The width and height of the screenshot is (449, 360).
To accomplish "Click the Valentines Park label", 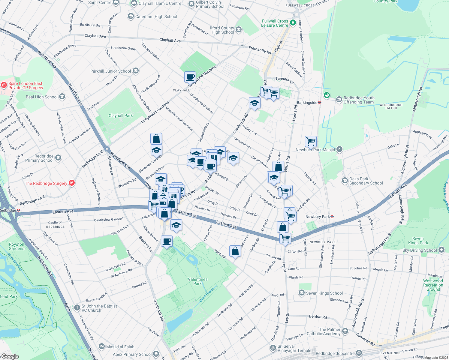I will [x=198, y=281].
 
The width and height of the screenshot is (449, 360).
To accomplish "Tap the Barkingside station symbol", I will [x=320, y=103].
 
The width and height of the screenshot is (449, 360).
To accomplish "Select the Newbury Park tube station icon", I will [x=332, y=217].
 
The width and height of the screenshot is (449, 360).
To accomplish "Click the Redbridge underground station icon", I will [x=18, y=210].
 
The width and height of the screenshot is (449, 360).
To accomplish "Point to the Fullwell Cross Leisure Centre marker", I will [x=293, y=23].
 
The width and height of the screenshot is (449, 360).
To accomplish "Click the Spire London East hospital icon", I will [x=4, y=85].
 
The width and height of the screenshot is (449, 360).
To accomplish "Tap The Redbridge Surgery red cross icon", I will [x=71, y=183].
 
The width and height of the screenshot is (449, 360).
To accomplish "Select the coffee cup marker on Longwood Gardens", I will [x=190, y=77].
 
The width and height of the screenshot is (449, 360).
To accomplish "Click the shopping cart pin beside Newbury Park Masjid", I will [x=311, y=141].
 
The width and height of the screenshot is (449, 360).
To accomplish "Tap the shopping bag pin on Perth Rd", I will [x=235, y=251].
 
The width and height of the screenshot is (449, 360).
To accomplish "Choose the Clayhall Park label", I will [x=120, y=115].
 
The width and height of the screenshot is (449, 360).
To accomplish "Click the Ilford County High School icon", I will [x=239, y=29].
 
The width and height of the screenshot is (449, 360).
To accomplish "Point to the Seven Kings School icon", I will [x=301, y=293].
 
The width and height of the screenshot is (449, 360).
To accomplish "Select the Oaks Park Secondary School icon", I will [x=345, y=181].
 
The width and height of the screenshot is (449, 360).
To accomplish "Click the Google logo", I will [x=10, y=356].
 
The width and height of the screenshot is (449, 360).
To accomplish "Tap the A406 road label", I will [x=67, y=307].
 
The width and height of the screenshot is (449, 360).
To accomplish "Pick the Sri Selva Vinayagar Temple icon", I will [x=273, y=348].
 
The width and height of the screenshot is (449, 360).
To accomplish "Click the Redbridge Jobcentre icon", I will [x=359, y=353].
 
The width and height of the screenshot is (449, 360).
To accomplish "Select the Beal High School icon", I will [x=62, y=97].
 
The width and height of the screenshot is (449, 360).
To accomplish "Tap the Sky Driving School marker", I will [x=441, y=250].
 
